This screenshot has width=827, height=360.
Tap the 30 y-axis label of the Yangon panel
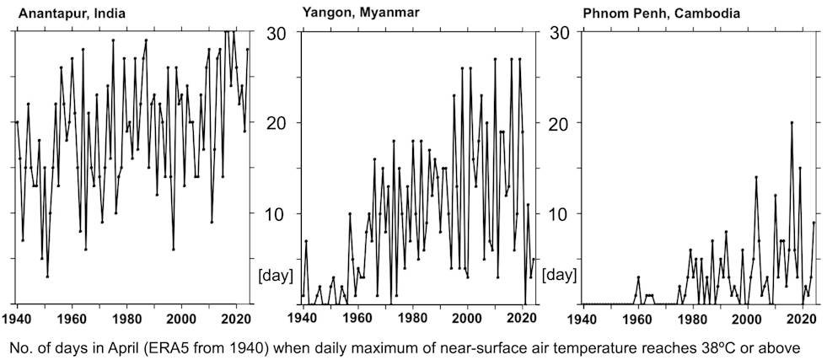click(278, 34)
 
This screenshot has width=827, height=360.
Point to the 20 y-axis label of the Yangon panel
click(278, 123)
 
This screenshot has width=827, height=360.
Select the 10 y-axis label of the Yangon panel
click(278, 213)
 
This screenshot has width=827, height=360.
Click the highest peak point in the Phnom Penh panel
click(792, 122)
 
